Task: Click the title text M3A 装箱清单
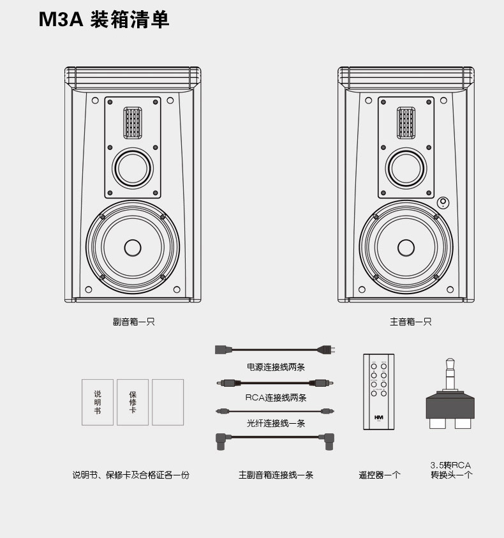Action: click(104, 20)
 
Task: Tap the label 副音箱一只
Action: click(134, 322)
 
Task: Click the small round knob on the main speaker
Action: click(443, 203)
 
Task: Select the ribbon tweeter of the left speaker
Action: click(133, 123)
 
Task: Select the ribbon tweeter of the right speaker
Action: click(406, 123)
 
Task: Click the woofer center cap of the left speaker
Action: click(133, 247)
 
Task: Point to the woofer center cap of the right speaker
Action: click(406, 247)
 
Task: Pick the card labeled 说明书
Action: click(98, 402)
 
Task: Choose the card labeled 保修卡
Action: click(133, 402)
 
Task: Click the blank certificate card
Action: click(168, 402)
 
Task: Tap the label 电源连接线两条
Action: click(276, 367)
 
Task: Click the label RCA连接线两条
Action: click(276, 398)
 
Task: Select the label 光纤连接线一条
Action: click(276, 423)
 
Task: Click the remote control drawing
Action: click(379, 391)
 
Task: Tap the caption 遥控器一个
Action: click(379, 475)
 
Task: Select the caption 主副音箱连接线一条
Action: click(276, 475)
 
